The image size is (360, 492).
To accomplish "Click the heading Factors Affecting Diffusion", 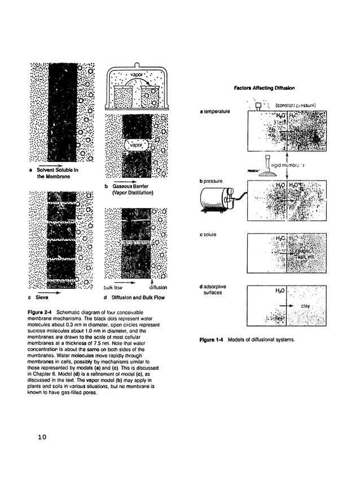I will click(264, 88).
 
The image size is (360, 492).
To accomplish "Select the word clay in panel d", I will click(305, 306).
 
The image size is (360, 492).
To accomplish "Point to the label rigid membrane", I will click(288, 165).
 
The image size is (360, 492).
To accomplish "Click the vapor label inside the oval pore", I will click(136, 144).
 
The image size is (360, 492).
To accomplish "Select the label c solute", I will click(208, 234).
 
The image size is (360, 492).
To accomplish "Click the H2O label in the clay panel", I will click(280, 291).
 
